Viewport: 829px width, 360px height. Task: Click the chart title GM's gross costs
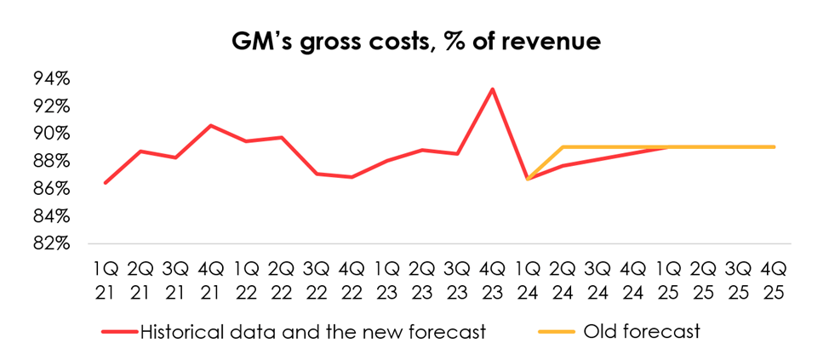point(414,42)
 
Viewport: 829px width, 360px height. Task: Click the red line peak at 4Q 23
point(491,89)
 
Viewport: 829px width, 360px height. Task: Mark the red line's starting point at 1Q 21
point(106,182)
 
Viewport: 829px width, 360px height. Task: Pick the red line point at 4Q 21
point(211,125)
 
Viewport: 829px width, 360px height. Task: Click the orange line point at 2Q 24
point(563,147)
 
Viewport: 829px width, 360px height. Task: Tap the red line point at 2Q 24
point(563,165)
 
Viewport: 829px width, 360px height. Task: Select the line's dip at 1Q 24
point(527,179)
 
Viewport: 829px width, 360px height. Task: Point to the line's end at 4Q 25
point(774,147)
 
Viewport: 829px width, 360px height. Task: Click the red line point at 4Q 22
point(352,177)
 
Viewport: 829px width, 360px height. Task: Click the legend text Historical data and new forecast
point(312,330)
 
